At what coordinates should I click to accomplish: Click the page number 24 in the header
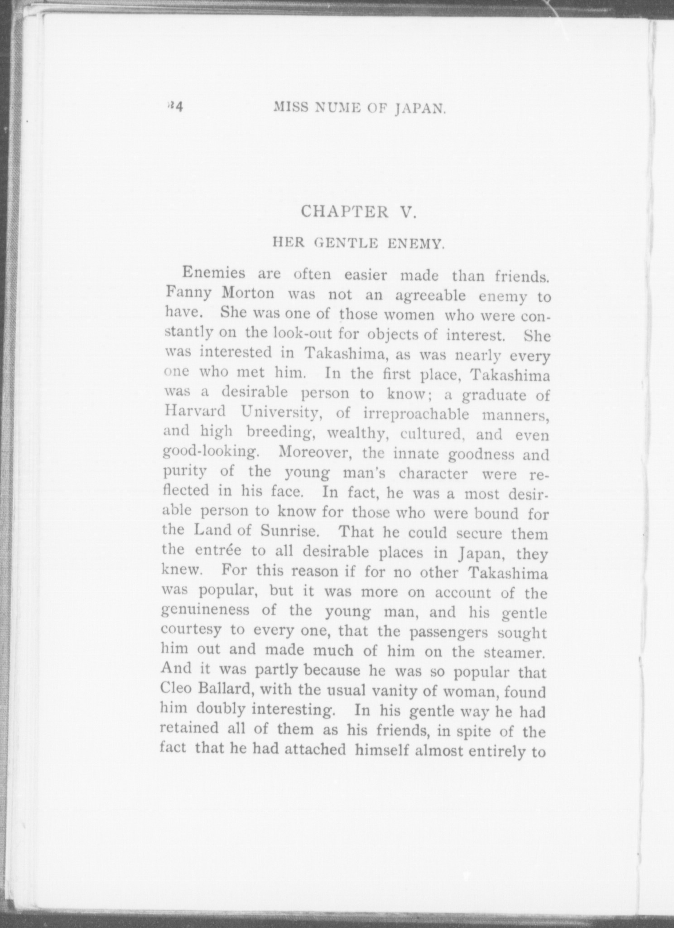tap(175, 107)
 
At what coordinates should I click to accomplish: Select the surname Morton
tap(248, 294)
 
